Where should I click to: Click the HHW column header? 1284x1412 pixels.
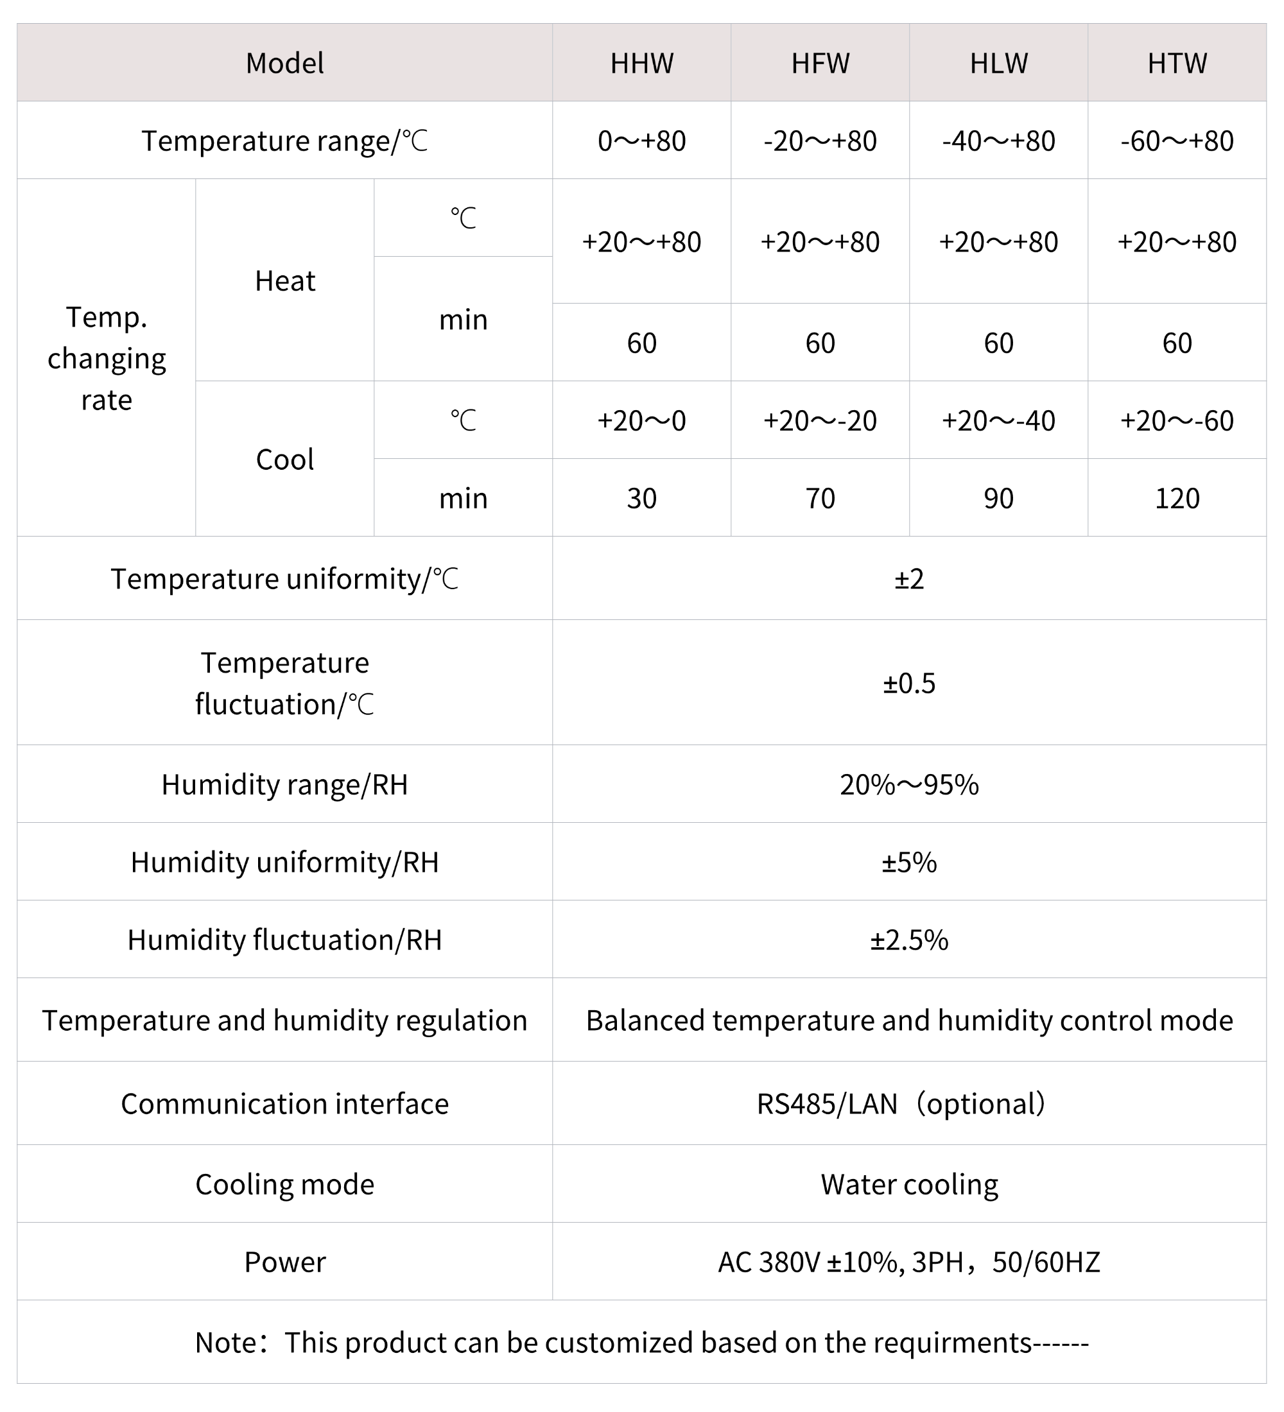(641, 64)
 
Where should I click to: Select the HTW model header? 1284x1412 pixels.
(1177, 64)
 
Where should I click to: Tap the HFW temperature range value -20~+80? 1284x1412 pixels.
(820, 141)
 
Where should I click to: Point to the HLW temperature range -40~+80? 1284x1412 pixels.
(998, 141)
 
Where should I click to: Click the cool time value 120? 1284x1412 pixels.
(1177, 499)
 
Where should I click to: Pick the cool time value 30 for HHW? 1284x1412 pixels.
(641, 499)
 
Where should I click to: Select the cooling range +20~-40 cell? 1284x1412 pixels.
(998, 421)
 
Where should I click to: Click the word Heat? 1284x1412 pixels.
(285, 282)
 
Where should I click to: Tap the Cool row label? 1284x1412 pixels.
(285, 460)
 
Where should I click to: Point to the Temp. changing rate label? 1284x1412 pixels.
(107, 359)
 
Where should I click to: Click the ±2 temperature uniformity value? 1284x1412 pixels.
(909, 579)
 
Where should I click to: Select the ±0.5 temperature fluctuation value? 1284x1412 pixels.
(909, 684)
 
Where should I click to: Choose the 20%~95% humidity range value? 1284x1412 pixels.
(909, 785)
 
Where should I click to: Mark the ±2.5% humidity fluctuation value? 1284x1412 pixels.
(909, 940)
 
